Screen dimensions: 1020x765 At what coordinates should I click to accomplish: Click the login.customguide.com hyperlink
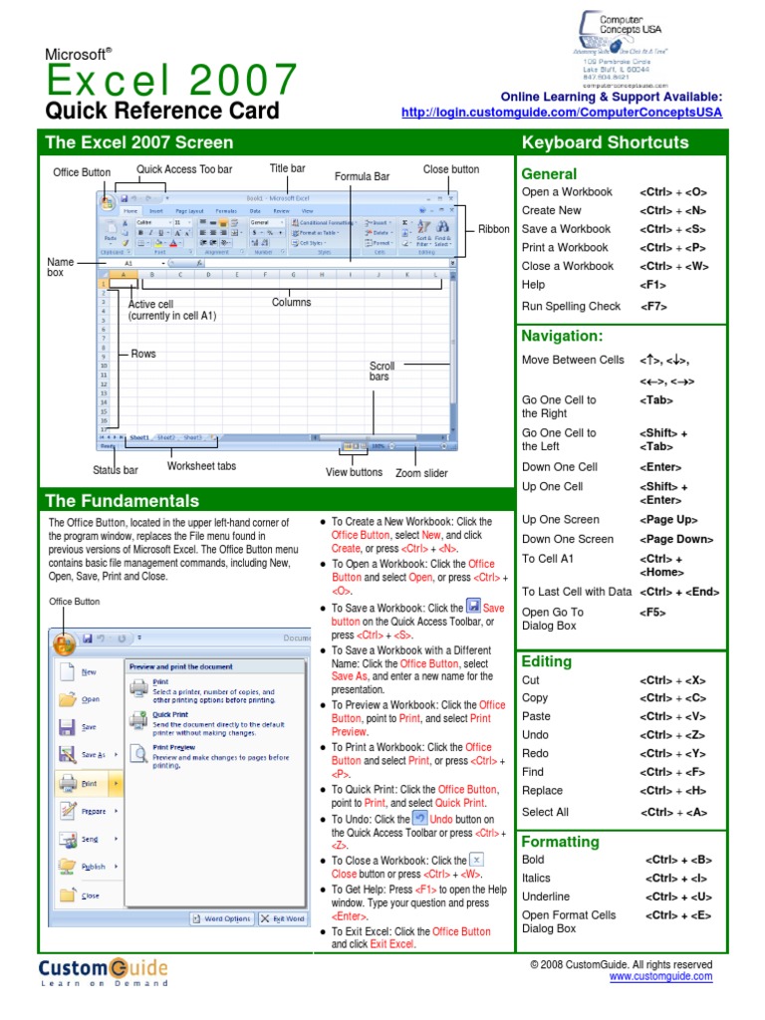[x=562, y=113]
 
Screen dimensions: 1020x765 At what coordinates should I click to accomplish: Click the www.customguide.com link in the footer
[x=660, y=977]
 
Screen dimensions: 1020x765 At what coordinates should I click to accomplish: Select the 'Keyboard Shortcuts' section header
[x=605, y=142]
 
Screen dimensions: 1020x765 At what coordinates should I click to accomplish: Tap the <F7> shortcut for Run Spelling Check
[x=653, y=307]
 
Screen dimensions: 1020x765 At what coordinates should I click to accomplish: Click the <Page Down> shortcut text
[x=676, y=539]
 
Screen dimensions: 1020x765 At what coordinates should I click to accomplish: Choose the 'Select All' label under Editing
[x=545, y=812]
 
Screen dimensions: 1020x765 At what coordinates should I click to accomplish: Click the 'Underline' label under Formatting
[x=546, y=896]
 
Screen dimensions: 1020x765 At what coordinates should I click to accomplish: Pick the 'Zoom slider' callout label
[x=421, y=474]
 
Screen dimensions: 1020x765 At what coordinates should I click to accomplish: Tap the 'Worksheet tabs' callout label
[x=201, y=466]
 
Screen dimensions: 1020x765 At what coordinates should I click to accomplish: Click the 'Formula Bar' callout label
[x=362, y=177]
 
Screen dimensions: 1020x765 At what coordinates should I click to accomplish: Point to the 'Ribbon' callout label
[x=493, y=229]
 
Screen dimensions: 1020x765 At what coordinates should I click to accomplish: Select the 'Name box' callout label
[x=61, y=267]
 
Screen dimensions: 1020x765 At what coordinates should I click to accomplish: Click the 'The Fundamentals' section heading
[x=123, y=501]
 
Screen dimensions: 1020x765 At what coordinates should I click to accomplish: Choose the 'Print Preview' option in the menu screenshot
[x=173, y=746]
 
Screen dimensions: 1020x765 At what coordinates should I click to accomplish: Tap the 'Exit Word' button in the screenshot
[x=283, y=918]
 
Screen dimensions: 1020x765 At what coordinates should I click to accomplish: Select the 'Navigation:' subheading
[x=562, y=337]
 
